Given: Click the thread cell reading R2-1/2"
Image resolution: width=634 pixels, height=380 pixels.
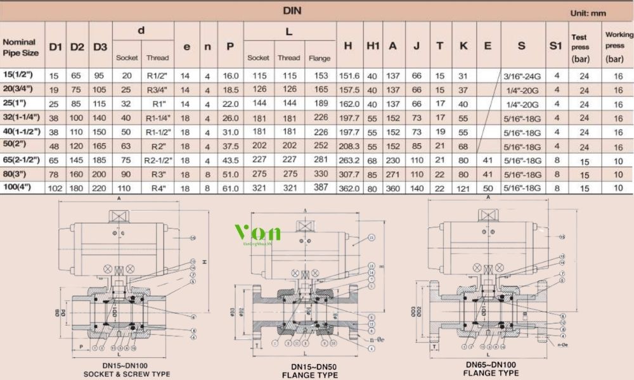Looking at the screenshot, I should click(x=157, y=160).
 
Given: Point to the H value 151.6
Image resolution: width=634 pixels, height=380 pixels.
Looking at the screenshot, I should click(x=349, y=76).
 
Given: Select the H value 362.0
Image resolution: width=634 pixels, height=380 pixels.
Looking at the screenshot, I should click(x=349, y=189).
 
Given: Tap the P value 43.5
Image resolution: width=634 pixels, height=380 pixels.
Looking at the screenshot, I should click(x=231, y=160).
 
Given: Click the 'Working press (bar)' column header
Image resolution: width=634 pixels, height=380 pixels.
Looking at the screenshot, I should click(x=618, y=47).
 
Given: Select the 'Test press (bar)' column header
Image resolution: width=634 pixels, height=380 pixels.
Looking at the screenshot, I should click(x=580, y=47).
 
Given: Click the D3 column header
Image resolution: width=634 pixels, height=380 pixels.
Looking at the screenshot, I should click(x=100, y=47).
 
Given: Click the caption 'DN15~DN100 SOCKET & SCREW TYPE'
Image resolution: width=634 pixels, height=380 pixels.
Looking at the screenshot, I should click(x=127, y=370).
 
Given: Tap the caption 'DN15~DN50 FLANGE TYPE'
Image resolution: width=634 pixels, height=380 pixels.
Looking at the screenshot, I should click(x=315, y=370).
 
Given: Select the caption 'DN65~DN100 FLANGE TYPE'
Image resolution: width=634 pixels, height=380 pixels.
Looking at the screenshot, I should click(x=492, y=369).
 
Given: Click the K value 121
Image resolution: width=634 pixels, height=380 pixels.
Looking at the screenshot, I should click(x=463, y=189).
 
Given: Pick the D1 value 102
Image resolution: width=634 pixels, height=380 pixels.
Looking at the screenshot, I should click(x=56, y=189).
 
